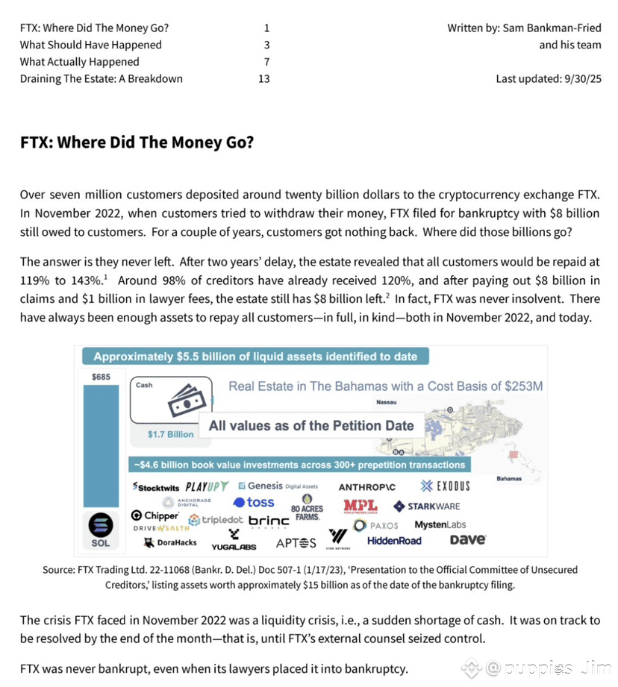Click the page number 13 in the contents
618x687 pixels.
coord(263,78)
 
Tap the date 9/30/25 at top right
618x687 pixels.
coord(580,78)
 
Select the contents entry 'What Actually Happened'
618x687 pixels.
coord(79,62)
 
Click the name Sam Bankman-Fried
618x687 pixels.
coord(552,28)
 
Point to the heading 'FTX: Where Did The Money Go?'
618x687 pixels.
coord(137,142)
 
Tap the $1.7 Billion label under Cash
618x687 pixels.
coord(170,434)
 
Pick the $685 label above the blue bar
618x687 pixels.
coord(101,377)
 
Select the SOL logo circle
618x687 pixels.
coord(100,524)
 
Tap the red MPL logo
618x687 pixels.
coord(360,506)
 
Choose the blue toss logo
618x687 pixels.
coord(254,503)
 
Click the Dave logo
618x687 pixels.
coord(468,539)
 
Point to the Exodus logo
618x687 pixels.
coord(445,486)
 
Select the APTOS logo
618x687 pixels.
coord(296,542)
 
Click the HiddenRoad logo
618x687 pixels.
coord(394,541)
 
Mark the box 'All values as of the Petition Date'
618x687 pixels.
coord(311,426)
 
